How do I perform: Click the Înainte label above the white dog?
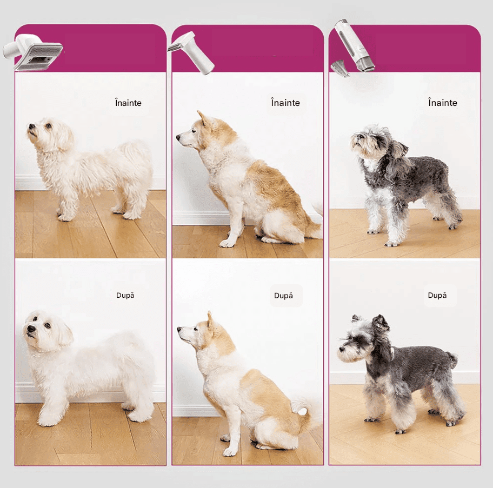pyautogui.click(x=128, y=103)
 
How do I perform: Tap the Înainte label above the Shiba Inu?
pyautogui.click(x=285, y=103)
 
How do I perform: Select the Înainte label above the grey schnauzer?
pyautogui.click(x=442, y=103)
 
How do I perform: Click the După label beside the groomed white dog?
pyautogui.click(x=125, y=296)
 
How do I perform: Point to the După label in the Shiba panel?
pyautogui.click(x=283, y=296)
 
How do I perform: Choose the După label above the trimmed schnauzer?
pyautogui.click(x=437, y=296)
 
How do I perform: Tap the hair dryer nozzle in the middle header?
pyautogui.click(x=191, y=52)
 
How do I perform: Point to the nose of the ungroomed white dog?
pyautogui.click(x=32, y=126)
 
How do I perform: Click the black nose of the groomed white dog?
pyautogui.click(x=31, y=329)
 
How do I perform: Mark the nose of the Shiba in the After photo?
pyautogui.click(x=179, y=329)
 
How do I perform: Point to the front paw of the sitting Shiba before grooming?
pyautogui.click(x=227, y=243)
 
